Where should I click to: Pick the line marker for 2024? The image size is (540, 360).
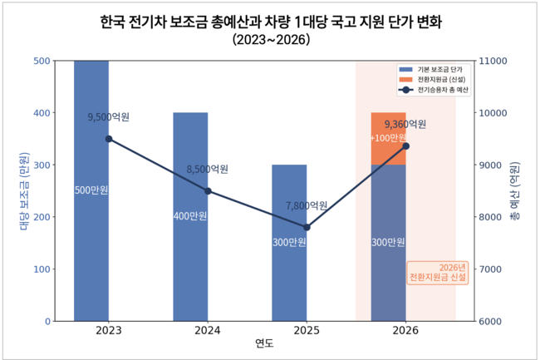(x=208, y=191)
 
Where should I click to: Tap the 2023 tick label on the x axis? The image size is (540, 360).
(x=108, y=331)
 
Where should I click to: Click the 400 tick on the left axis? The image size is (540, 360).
(x=39, y=113)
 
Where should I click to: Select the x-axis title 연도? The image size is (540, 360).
(x=264, y=344)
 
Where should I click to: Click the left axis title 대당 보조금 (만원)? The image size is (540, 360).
(x=23, y=190)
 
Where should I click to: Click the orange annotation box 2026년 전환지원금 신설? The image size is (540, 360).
(x=439, y=273)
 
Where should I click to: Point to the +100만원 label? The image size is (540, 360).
(x=388, y=137)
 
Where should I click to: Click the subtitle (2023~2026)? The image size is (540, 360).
(x=269, y=39)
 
